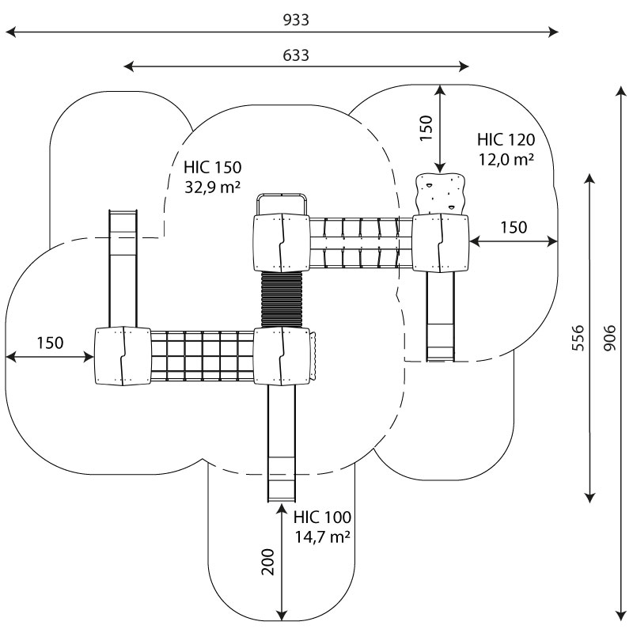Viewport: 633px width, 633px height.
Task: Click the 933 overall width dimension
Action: click(295, 21)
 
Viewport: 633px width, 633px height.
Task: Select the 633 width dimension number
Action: click(295, 55)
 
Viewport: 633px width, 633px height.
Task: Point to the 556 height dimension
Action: click(578, 339)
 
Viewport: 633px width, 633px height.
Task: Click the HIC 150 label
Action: click(212, 168)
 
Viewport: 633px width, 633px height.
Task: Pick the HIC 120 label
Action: click(506, 140)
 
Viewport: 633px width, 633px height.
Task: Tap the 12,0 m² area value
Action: click(506, 159)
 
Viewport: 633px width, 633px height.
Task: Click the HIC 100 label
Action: click(321, 518)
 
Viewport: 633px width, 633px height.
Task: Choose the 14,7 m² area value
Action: click(321, 537)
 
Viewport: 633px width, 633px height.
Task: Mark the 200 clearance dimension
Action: click(267, 561)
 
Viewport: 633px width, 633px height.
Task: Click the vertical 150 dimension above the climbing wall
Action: click(426, 128)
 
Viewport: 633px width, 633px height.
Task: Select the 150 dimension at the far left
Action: click(49, 343)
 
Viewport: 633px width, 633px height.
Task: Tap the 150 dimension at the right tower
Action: click(513, 228)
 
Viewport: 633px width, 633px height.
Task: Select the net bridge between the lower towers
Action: click(201, 357)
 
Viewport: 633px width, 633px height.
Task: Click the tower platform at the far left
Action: click(122, 357)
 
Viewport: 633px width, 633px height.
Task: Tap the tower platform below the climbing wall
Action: click(440, 242)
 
